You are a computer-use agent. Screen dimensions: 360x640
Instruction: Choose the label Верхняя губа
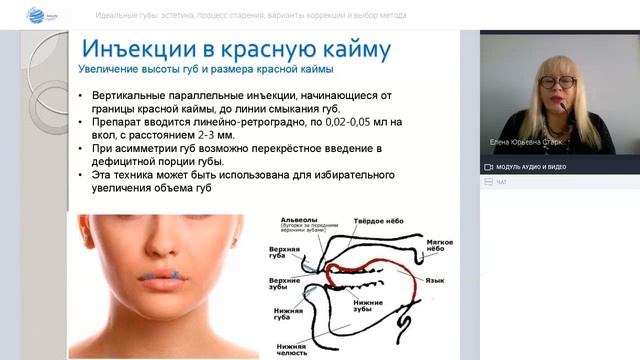tap(286, 254)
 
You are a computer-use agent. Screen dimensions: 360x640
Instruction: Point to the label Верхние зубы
tap(287, 284)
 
